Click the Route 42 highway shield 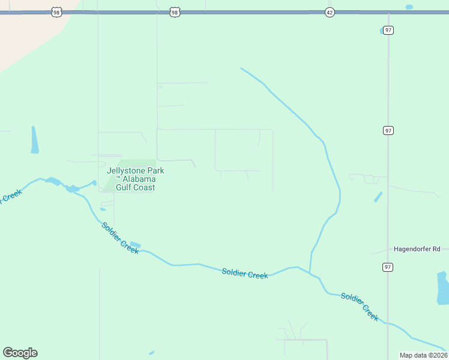tap(329, 12)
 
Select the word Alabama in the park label tap(140, 179)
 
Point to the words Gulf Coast tap(135, 188)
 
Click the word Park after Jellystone tap(155, 171)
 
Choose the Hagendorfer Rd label tap(417, 249)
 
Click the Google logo tap(20, 353)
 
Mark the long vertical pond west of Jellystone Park tap(35, 140)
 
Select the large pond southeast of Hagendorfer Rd tap(442, 288)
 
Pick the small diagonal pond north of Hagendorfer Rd tap(378, 196)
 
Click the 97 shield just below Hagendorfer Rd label tap(388, 266)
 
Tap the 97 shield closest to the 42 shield tap(388, 30)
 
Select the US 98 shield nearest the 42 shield tap(174, 12)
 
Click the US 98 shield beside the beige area tap(56, 12)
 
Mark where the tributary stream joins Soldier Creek tap(310, 272)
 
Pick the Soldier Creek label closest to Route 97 tap(360, 306)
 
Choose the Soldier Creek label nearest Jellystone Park tap(120, 238)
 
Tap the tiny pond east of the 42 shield tap(409, 7)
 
